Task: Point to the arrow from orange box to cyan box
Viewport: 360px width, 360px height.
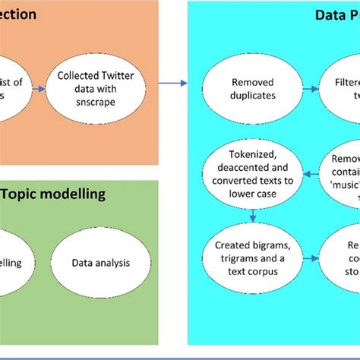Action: (174, 82)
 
